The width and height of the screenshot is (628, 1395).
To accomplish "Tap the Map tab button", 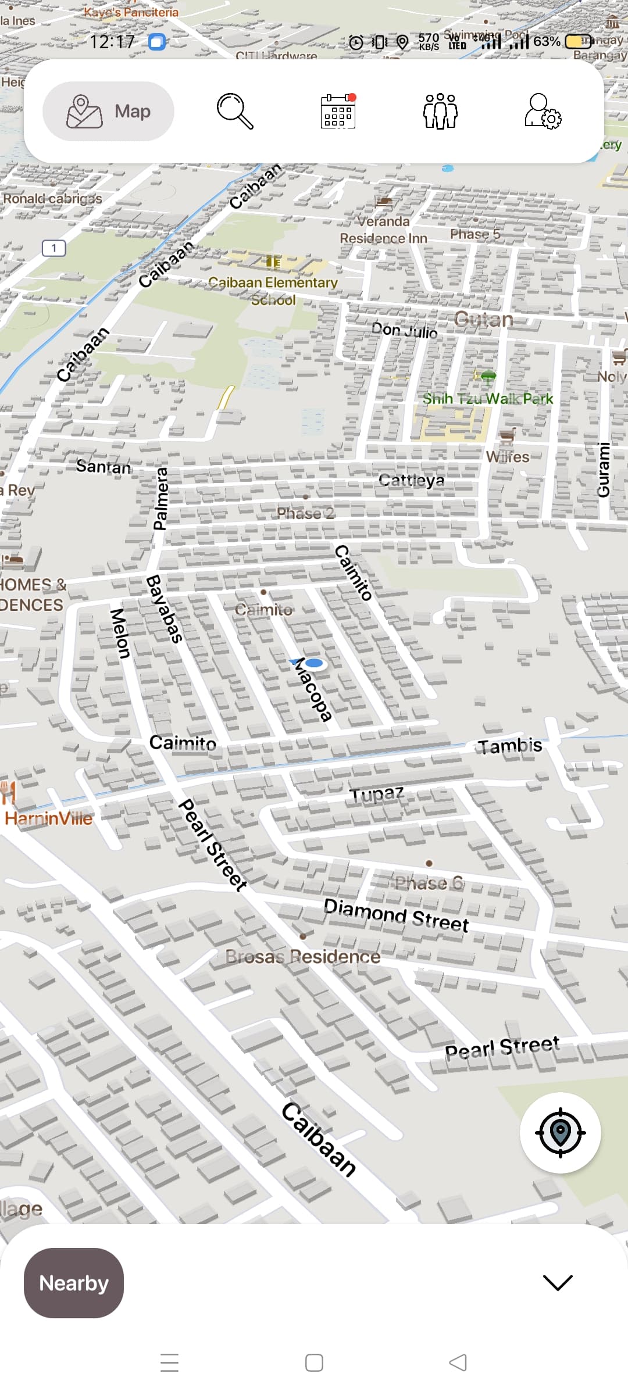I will click(x=109, y=111).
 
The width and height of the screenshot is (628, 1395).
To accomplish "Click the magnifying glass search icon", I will click(x=235, y=111).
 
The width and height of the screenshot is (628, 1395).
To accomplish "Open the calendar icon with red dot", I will click(x=338, y=111).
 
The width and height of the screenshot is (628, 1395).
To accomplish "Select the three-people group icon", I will click(x=440, y=111).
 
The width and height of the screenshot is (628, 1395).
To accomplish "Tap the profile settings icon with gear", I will click(x=543, y=111).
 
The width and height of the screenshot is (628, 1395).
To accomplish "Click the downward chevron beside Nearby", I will click(x=557, y=1283).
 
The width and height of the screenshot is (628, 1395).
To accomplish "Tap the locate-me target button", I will click(x=560, y=1132).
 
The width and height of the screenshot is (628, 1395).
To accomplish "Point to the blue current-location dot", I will click(x=314, y=663).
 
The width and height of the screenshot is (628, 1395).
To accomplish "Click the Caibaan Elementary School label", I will click(x=273, y=291).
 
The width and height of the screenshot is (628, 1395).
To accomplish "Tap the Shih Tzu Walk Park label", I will click(x=487, y=399).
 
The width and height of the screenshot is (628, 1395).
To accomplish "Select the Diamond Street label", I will click(x=396, y=914).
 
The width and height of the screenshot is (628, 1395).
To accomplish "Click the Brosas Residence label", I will click(x=302, y=957).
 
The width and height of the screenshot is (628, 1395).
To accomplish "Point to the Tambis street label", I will click(x=509, y=746).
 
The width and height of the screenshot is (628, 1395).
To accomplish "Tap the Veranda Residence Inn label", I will click(x=383, y=230).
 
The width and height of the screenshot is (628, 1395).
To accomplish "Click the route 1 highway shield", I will click(x=53, y=248).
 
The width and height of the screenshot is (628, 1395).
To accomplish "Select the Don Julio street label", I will click(x=404, y=331).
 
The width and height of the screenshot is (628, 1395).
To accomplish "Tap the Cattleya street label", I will click(x=411, y=480).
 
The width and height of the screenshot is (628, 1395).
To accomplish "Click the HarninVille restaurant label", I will click(x=48, y=818).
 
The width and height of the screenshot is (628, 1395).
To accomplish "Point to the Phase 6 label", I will click(x=429, y=884).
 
